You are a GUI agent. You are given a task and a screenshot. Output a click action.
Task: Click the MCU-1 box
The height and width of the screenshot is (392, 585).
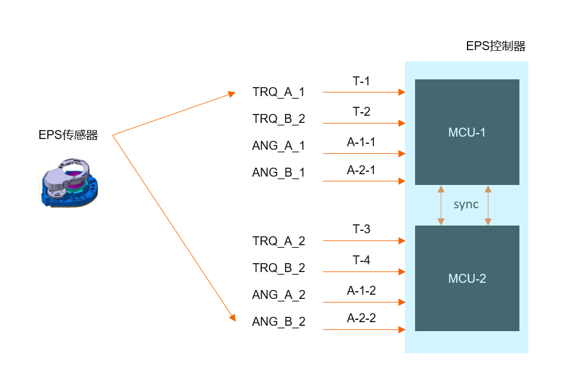click(x=467, y=132)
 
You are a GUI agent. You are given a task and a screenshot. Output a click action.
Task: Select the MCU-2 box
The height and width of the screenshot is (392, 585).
click(x=467, y=278)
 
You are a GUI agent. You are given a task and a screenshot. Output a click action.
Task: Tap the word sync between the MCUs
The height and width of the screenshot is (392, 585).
click(x=466, y=205)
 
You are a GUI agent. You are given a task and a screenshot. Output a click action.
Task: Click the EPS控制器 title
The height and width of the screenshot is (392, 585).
click(x=496, y=47)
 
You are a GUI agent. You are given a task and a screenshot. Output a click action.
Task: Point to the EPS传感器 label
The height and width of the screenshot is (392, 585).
click(x=68, y=135)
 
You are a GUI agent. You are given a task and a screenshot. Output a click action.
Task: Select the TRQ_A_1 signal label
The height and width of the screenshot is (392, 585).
click(x=278, y=92)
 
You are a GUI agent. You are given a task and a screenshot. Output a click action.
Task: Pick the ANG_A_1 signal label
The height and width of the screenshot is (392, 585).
click(x=278, y=146)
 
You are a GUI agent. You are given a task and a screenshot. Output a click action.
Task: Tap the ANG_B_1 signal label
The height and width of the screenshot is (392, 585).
click(x=278, y=172)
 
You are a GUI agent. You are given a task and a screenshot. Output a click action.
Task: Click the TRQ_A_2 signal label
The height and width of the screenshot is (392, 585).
click(x=278, y=241)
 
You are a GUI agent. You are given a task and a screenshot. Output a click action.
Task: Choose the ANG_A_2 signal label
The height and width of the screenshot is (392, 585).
click(x=278, y=295)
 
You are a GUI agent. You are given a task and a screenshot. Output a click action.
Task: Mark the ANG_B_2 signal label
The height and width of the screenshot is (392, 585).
click(x=278, y=322)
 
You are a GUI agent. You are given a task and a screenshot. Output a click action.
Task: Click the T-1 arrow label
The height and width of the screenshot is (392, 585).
click(x=361, y=81)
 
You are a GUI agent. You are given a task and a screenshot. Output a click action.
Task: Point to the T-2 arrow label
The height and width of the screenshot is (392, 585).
click(x=361, y=112)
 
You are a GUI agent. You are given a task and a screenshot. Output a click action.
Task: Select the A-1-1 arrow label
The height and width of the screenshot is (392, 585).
click(x=361, y=142)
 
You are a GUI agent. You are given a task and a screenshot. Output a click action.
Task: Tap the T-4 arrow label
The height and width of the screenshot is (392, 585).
click(x=361, y=260)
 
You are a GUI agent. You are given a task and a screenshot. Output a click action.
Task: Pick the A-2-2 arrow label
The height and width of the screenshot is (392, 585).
click(x=361, y=318)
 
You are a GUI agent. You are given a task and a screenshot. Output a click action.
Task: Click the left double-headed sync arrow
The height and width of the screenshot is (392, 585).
click(x=441, y=205)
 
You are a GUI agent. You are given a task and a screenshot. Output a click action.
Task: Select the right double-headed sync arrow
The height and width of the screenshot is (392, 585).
click(x=488, y=205)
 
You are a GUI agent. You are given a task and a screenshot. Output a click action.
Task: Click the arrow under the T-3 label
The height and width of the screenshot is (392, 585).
click(x=364, y=241)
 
